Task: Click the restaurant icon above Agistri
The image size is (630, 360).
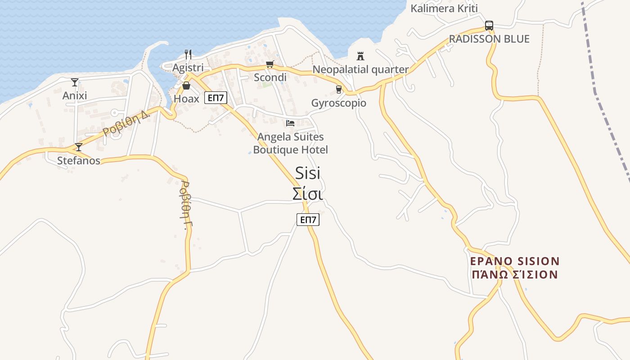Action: [x=188, y=54]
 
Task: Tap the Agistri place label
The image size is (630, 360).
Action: [x=188, y=67]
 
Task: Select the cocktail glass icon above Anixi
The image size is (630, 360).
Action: [x=75, y=82]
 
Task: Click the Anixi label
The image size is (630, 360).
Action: [x=75, y=95]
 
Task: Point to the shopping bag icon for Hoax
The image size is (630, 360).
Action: [x=186, y=85]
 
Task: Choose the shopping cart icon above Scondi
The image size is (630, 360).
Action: [x=270, y=64]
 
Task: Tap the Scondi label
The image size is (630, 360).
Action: [x=270, y=77]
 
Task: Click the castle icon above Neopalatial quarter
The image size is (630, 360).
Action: [x=360, y=56]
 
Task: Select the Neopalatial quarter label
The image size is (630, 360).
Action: [x=360, y=70]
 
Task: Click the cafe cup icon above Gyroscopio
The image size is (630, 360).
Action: [x=339, y=90]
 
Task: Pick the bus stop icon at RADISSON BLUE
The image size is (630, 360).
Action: [x=489, y=26]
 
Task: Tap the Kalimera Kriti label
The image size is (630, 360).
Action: [x=444, y=9]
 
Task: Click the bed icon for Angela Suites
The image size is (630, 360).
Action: [x=290, y=123]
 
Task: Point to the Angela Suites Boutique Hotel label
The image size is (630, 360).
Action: [x=290, y=143]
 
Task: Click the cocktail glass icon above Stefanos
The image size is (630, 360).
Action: [x=79, y=147]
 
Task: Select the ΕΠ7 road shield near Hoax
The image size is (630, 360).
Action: [x=216, y=98]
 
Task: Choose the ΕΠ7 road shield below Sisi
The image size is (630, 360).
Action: [x=308, y=220]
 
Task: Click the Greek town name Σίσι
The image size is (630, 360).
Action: [x=308, y=194]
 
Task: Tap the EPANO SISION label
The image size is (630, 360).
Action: [x=515, y=261]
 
